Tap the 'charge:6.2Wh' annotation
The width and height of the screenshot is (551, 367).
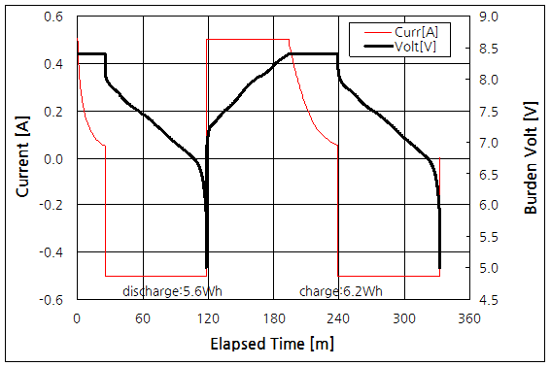pyautogui.click(x=341, y=291)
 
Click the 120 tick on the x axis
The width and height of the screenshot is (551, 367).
pyautogui.click(x=207, y=318)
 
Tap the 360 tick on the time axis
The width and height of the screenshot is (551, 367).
pyautogui.click(x=468, y=318)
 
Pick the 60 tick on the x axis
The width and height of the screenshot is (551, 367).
pyautogui.click(x=142, y=318)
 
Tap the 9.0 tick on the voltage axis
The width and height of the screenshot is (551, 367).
pyautogui.click(x=488, y=17)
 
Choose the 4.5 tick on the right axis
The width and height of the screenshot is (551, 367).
pyautogui.click(x=488, y=300)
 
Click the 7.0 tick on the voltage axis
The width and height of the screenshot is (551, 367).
pyautogui.click(x=488, y=143)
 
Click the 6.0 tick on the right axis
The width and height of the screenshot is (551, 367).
pyautogui.click(x=488, y=206)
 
